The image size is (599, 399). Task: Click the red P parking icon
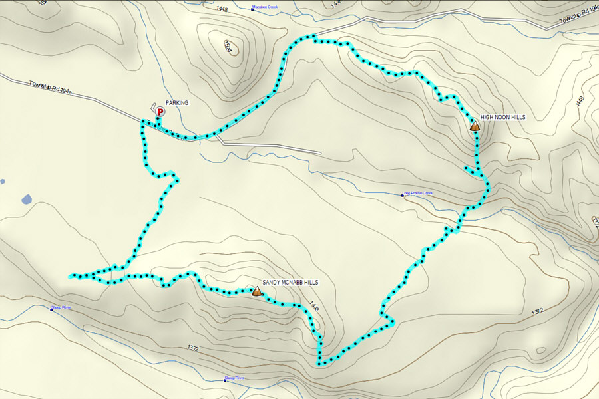(160, 113)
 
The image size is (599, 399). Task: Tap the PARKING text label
(177, 103)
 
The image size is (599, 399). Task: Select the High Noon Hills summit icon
(475, 125)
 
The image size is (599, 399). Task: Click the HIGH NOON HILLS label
(502, 117)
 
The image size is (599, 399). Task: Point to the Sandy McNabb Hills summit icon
(257, 291)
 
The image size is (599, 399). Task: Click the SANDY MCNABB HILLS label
(290, 283)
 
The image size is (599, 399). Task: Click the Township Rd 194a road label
(50, 88)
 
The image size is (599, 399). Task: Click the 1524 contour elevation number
(229, 47)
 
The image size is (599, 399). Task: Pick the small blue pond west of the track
(26, 199)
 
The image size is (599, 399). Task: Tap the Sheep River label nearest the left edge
(62, 308)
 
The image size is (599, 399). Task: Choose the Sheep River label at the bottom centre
(236, 378)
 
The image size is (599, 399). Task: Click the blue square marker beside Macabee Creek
(252, 9)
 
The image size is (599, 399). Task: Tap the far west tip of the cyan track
(70, 275)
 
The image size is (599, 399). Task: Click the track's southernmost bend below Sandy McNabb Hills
(321, 363)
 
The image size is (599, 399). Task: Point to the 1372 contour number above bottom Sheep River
(194, 348)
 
